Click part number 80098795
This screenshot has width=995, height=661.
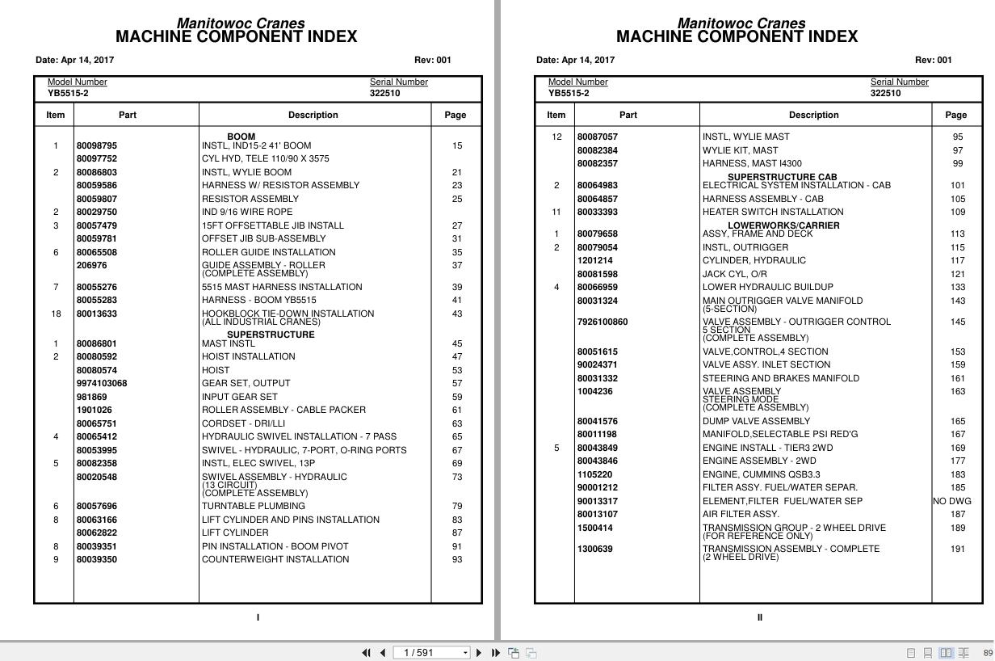coord(96,145)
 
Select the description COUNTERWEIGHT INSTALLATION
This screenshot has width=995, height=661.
coord(275,559)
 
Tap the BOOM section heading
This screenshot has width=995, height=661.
coord(241,137)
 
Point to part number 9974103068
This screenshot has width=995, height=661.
coord(102,383)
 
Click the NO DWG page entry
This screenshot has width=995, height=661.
coord(952,501)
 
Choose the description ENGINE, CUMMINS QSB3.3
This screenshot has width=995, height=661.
coord(761,474)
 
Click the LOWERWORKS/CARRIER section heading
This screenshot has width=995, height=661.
coord(783,225)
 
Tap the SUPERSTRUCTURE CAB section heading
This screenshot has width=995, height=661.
coord(782,177)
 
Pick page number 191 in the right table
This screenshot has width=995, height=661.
coord(957,549)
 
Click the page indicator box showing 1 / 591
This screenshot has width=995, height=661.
coord(431,653)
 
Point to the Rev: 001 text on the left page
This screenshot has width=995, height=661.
coord(433,60)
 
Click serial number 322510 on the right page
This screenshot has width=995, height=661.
coord(885,93)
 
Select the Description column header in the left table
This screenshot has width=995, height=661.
coord(313,115)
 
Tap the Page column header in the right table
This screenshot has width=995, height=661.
coord(955,115)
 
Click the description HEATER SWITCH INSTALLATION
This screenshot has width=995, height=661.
coord(772,212)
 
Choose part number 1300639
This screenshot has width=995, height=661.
coord(594,549)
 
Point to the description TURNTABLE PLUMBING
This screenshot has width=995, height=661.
coord(253,506)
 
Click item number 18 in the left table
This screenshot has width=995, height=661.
coord(56,314)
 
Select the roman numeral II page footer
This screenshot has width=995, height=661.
coord(759,617)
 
